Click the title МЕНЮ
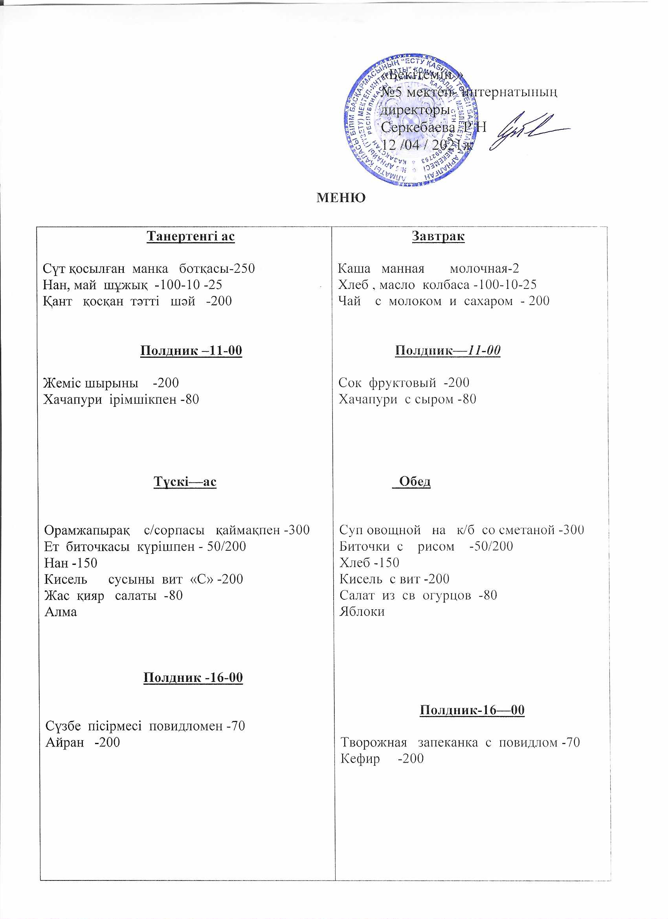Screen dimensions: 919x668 pos(341,198)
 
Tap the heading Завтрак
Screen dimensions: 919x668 pos(438,236)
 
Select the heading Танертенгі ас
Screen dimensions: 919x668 pos(191,236)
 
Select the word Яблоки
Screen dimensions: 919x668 pos(362,612)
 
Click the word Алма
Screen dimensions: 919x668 pos(61,612)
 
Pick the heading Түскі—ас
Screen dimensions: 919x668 pos(185,482)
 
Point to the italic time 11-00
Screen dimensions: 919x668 pos(484,350)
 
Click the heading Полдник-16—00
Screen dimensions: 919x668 pos(472,710)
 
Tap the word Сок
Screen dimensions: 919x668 pos(350,382)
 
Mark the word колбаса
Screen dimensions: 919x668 pos(446,285)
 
